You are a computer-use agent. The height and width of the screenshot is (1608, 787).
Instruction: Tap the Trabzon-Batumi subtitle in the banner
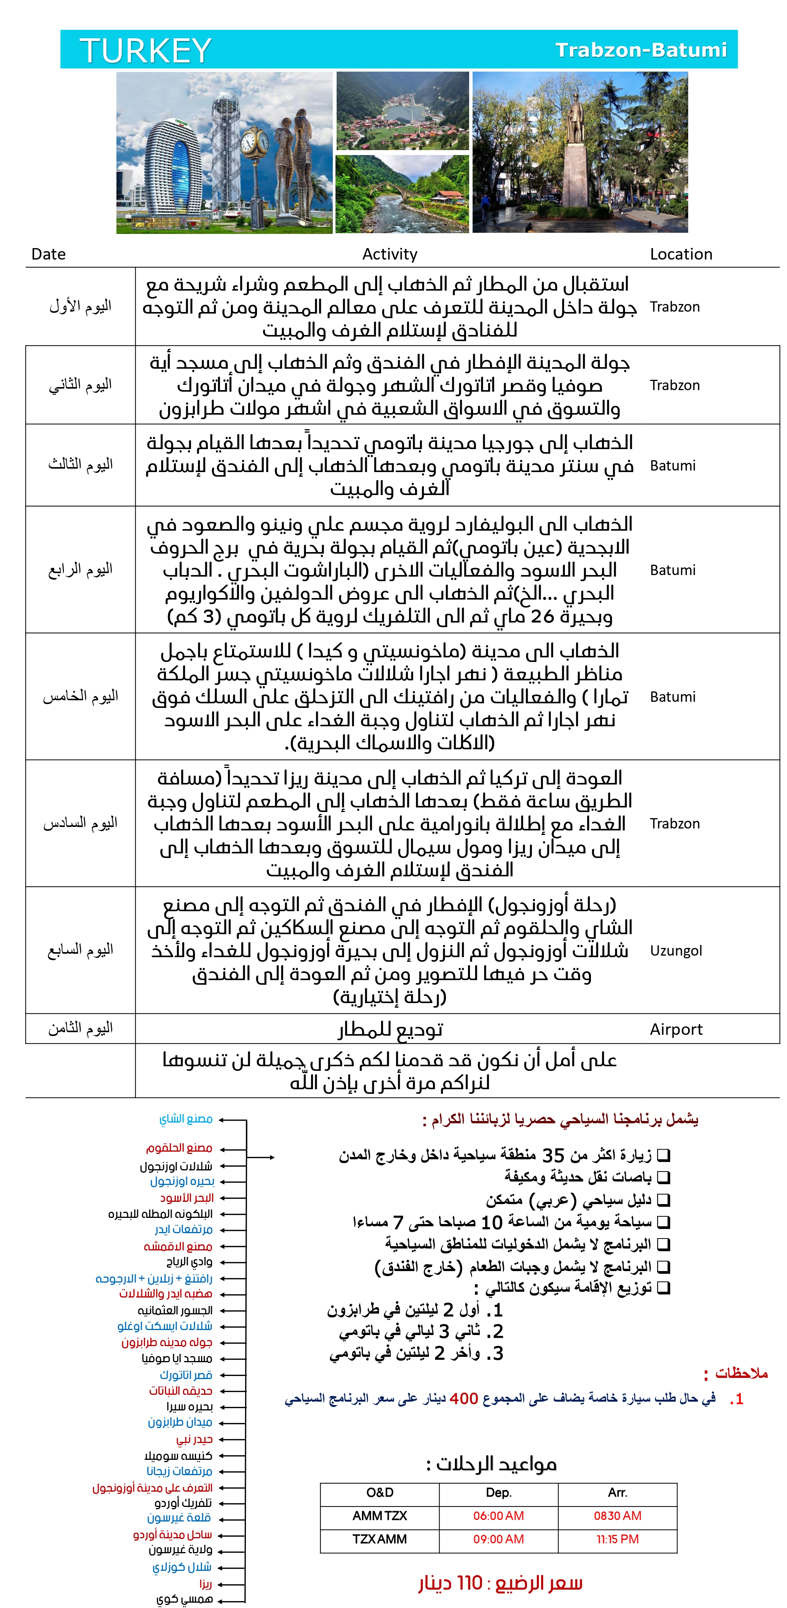point(641,50)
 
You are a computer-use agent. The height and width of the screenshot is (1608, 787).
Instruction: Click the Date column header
point(48,254)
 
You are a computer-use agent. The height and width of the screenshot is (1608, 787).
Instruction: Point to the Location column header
point(681,254)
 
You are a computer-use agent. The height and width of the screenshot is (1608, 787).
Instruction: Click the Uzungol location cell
point(676,951)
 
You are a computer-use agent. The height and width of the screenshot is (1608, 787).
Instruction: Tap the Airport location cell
point(676,1030)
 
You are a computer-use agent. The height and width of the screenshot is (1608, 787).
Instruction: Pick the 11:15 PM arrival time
point(617,1539)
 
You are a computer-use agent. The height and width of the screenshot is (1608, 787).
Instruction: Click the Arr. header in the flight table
point(617,1492)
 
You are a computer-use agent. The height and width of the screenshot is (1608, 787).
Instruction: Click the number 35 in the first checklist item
point(553,1155)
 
